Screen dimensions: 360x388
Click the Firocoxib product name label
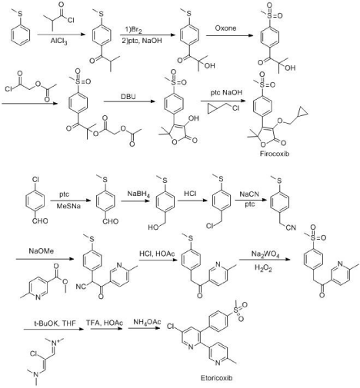tap(275, 154)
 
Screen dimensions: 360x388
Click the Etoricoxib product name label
tap(216, 378)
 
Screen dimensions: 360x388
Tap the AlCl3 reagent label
tap(59, 41)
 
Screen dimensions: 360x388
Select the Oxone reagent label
tap(225, 28)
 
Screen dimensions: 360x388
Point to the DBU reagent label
tap(128, 97)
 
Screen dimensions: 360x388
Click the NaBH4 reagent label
tap(138, 194)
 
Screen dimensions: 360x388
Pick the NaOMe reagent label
tap(42, 250)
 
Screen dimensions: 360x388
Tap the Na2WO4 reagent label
tap(265, 254)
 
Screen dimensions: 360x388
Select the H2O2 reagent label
tap(263, 268)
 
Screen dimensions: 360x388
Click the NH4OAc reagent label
tap(147, 322)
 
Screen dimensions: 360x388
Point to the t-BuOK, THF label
tap(55, 323)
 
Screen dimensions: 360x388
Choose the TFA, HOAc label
tap(105, 323)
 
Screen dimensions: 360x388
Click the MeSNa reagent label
tap(68, 206)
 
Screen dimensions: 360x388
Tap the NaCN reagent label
tap(249, 194)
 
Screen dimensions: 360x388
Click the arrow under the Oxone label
tap(229, 35)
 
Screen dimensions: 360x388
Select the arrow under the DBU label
tap(129, 101)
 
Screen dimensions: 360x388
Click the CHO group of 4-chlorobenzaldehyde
tap(40, 221)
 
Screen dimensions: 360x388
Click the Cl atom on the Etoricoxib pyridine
tap(171, 327)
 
